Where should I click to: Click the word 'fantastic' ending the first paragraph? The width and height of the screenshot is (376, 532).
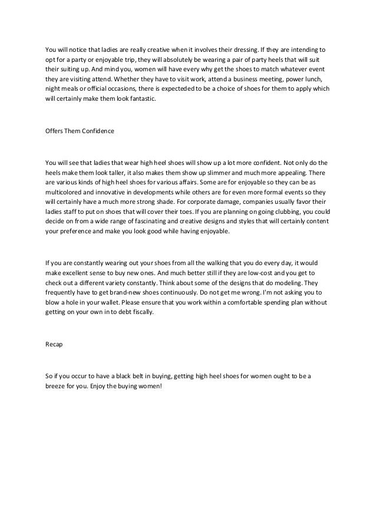pos(142,100)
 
